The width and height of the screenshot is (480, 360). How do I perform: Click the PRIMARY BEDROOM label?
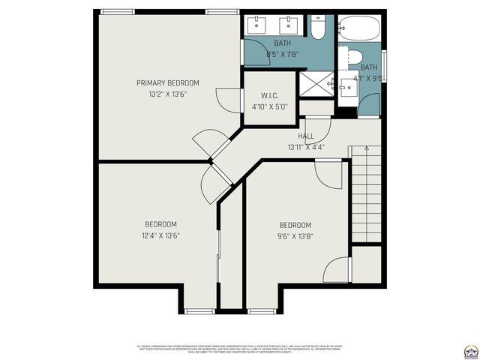[167, 82]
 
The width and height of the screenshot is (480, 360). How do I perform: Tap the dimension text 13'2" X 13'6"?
[167, 94]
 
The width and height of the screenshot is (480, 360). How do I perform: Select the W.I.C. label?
[270, 95]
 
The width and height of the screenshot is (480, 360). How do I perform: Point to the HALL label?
[305, 136]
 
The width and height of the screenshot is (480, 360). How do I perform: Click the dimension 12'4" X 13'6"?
[160, 235]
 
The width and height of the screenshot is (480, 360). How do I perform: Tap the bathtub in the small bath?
[359, 30]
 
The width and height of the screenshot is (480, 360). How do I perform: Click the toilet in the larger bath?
[318, 28]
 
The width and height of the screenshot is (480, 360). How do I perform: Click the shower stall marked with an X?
[316, 84]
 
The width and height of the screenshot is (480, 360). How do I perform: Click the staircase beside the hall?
[367, 195]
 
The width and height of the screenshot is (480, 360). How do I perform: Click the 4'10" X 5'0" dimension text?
[270, 106]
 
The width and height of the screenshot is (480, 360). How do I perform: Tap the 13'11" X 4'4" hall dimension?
[305, 147]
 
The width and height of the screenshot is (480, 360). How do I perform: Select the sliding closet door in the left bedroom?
[218, 266]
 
